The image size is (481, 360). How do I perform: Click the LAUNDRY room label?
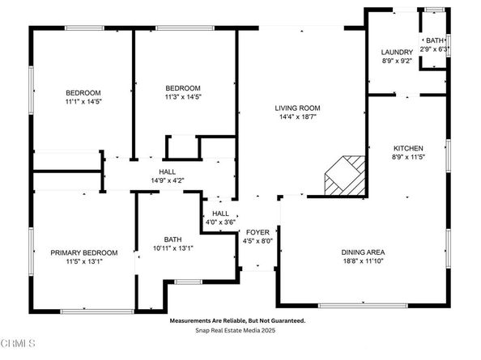(397, 52)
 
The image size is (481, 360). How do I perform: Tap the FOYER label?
(258, 231)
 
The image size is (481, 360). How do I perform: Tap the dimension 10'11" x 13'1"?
(173, 248)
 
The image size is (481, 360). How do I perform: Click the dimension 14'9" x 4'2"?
(168, 180)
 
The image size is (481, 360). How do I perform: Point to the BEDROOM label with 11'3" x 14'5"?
(183, 87)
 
